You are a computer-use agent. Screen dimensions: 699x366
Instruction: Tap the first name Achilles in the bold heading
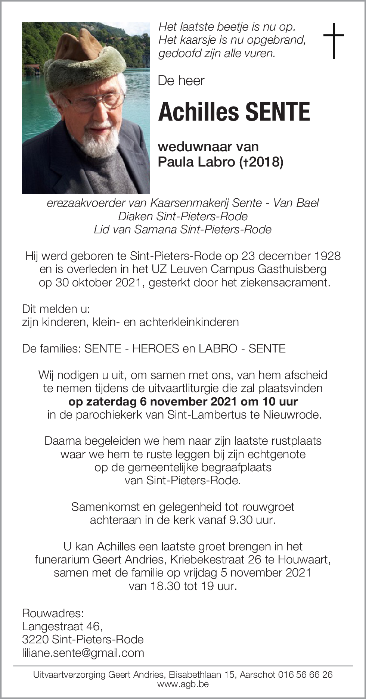pos(198,112)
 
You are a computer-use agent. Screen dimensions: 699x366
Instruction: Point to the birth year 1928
pos(326,256)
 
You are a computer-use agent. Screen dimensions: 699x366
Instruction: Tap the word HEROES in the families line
pos(156,348)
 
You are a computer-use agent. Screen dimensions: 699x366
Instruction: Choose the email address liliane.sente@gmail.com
pos(83,653)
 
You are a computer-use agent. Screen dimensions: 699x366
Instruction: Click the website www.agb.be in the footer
pos(183,684)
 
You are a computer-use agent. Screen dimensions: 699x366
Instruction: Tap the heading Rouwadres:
pos(53,613)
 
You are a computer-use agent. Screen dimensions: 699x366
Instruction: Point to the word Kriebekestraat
pos(208,560)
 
